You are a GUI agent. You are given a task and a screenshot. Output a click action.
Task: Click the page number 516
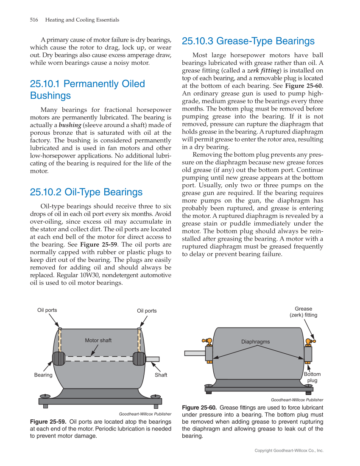point(34,20)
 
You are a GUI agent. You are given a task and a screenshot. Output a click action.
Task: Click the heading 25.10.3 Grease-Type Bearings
point(248,41)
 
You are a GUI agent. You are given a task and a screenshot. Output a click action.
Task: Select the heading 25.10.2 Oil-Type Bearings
point(86,192)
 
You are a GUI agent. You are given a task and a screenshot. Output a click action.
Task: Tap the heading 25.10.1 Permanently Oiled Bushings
point(87,89)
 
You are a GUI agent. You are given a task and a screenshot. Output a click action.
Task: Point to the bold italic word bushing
point(70,125)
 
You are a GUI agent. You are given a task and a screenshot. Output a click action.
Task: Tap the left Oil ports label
point(47,310)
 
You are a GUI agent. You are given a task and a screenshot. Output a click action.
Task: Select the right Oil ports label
point(147,311)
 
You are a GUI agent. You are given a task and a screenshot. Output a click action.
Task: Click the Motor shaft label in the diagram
point(98,340)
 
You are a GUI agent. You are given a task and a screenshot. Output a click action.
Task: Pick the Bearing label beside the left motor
point(43,375)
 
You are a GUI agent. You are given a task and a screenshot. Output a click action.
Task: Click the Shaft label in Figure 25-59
point(161,375)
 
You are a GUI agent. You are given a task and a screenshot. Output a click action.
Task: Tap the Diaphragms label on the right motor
point(255,341)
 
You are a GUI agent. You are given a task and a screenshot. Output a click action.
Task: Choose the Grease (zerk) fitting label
point(303,312)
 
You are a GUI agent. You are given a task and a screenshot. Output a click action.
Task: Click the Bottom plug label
point(312,377)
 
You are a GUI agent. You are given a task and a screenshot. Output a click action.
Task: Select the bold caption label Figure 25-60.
point(199,408)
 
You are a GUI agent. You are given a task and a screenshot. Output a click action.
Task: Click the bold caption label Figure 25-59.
point(48,422)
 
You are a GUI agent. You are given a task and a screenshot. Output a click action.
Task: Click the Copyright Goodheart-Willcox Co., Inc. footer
point(289,451)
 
